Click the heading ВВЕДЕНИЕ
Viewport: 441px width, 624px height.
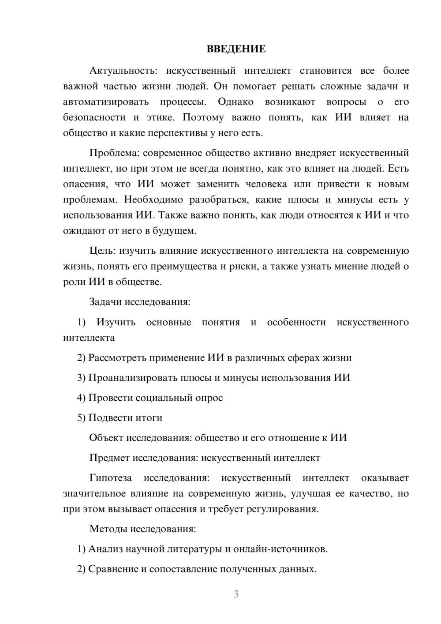pos(236,49)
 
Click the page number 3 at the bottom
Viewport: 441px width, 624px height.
pos(236,594)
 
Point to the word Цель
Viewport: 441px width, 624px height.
pos(102,251)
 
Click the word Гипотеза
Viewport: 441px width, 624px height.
pos(110,478)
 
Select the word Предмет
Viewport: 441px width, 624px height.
pos(108,458)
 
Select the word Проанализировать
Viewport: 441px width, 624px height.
pos(133,378)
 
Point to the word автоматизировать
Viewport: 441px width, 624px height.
pos(106,102)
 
